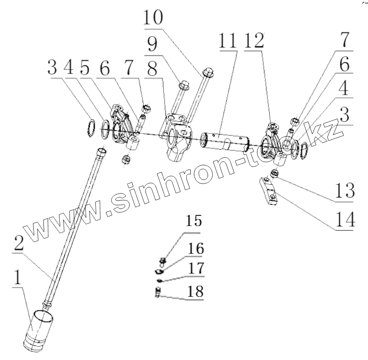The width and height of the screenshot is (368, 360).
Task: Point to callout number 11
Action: [x=228, y=41]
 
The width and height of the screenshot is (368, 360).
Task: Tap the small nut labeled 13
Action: [x=272, y=172]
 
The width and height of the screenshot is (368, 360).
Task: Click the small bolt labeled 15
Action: [x=163, y=261]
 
